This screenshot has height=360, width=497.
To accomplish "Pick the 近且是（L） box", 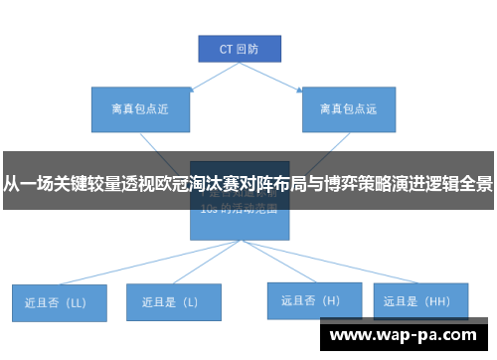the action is point(171,300).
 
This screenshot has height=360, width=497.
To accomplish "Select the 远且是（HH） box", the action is point(418,299).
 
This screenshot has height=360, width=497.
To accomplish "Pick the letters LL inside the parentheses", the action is point(76,301).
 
